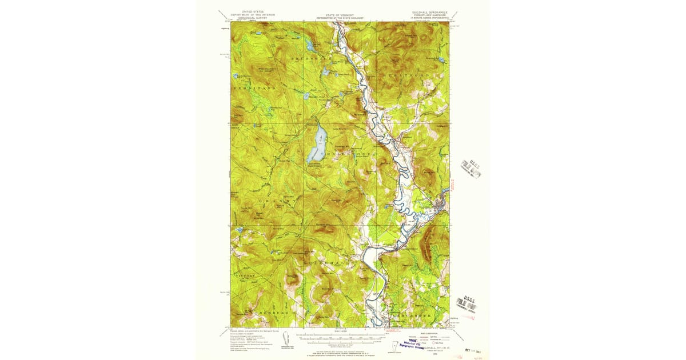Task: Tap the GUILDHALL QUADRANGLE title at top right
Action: (429, 11)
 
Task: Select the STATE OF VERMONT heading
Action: (340, 15)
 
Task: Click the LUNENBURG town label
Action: (263, 314)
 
